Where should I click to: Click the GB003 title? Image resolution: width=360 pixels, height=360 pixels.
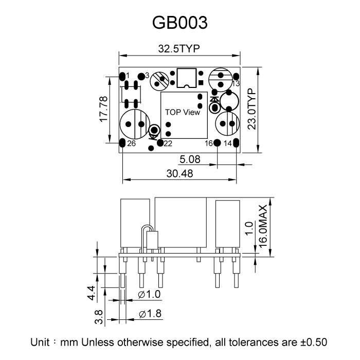click(x=180, y=23)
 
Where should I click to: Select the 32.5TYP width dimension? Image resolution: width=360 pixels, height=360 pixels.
click(x=179, y=49)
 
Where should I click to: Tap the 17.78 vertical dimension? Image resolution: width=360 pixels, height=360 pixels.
click(x=103, y=109)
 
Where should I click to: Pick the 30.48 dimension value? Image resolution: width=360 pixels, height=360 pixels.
click(x=179, y=174)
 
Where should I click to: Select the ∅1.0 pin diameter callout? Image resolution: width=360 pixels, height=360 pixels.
click(x=150, y=295)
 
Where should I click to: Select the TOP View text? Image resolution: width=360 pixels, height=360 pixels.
click(x=182, y=112)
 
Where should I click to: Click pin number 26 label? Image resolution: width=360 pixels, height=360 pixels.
click(x=131, y=144)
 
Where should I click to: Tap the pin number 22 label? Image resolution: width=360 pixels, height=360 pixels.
click(x=168, y=143)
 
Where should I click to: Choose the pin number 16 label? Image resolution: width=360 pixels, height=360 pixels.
click(x=208, y=143)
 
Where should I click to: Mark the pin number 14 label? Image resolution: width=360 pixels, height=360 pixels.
click(x=227, y=143)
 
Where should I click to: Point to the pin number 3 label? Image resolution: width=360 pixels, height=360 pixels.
click(x=147, y=75)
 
